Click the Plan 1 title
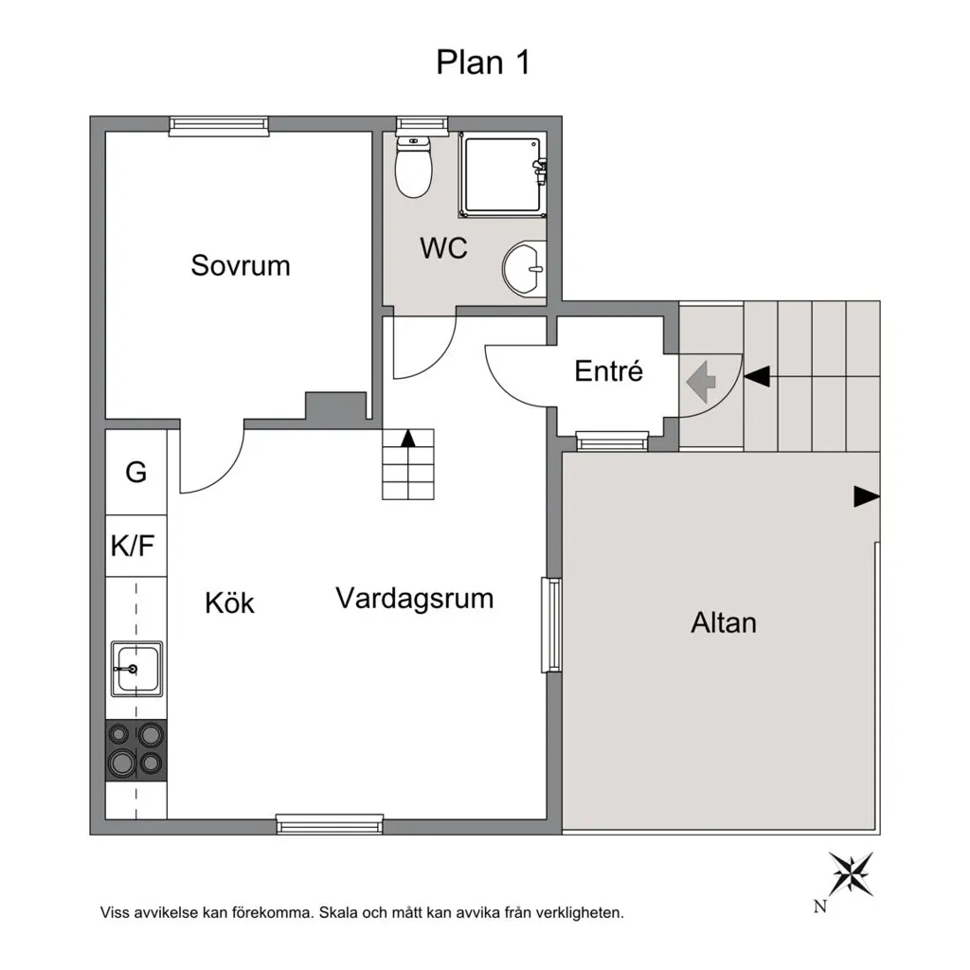pos(483,63)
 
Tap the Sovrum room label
pos(241,265)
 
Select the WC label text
pos(443,248)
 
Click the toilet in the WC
pos(413,166)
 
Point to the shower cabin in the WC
pos(503,176)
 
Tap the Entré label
pos(609,370)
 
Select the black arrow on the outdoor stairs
pos(757,375)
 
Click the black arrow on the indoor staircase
pos(407,438)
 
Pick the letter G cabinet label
pos(136,473)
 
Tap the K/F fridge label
pos(133,546)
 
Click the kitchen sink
pos(136,669)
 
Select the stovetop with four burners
pos(136,750)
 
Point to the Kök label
pos(229,603)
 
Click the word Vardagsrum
pos(415,599)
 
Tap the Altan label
pos(723,623)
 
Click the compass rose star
pos(852,873)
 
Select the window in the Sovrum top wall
pos(219,125)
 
